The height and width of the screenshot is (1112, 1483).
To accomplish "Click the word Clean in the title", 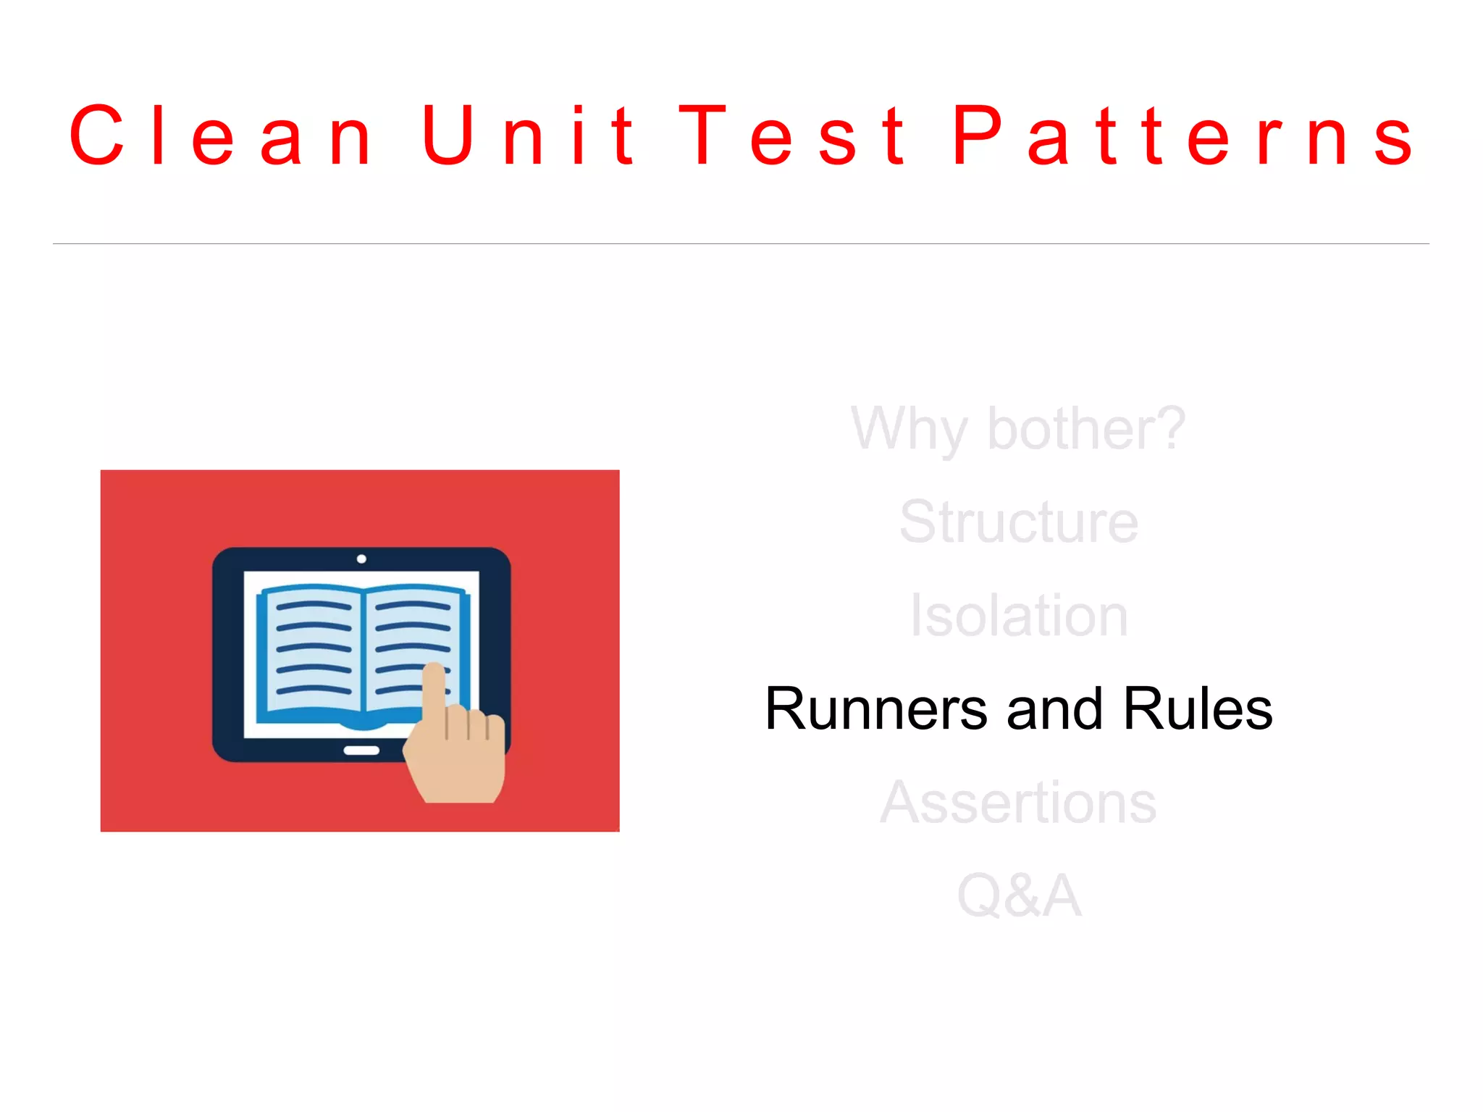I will pos(221,135).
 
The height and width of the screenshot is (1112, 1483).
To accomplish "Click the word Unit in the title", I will pos(529,135).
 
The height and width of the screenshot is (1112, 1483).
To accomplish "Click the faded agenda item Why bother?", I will pos(1018,429).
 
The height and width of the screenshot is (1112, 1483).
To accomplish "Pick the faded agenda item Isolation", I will pos(1018,616).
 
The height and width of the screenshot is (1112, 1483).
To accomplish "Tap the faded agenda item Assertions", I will pos(1018,803).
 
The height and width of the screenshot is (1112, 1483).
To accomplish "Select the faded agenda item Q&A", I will pos(1018,896).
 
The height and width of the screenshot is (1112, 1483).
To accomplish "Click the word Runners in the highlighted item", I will pos(876,708).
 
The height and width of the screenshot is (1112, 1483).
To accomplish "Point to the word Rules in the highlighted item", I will pos(1198,708).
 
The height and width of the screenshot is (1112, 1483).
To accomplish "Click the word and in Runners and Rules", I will pos(1054,708).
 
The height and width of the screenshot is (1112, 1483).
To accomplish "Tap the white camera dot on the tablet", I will pos(361,559).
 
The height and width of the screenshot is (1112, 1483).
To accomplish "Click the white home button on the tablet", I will pos(361,751).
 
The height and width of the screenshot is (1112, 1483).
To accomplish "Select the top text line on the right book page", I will pos(413,606).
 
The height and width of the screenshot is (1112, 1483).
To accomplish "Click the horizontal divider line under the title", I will pos(741,243).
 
